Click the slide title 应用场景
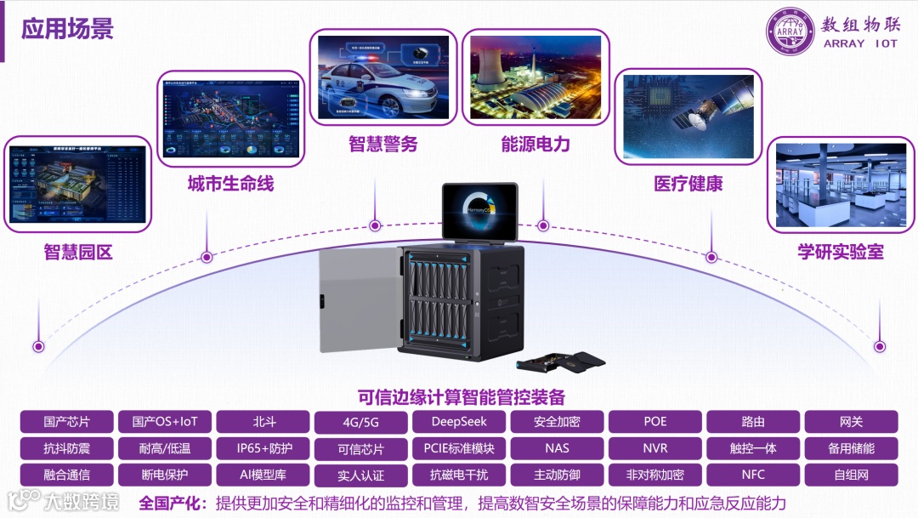(x=67, y=28)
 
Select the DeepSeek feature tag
(x=459, y=422)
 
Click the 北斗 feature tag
(x=263, y=422)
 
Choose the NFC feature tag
(x=753, y=475)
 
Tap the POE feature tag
(x=655, y=422)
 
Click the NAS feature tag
(x=557, y=448)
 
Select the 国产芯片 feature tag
(x=67, y=422)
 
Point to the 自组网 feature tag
(x=851, y=475)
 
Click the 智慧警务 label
(x=382, y=144)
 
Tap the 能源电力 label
(x=535, y=144)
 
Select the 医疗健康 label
(x=688, y=183)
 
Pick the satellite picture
(x=688, y=117)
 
